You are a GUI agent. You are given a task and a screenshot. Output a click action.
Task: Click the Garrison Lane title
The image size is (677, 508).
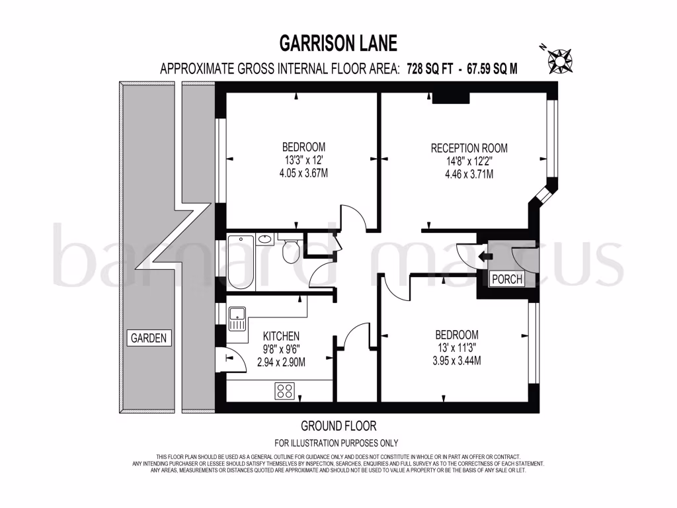coord(338,44)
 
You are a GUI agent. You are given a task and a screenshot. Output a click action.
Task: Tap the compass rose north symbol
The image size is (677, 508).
coord(561,60)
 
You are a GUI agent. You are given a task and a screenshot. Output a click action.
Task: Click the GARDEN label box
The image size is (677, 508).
coord(149,338)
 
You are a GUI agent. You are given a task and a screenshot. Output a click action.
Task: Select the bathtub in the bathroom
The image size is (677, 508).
coord(241,262)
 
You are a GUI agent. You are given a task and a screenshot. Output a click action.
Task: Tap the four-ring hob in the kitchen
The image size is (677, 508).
coord(285,390)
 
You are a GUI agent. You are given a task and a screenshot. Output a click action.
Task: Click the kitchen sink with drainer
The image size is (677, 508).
coord(237,319)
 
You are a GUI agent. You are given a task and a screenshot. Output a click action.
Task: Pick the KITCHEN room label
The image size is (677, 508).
coord(281,336)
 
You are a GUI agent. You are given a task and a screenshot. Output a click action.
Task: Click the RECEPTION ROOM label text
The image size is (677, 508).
coord(469,148)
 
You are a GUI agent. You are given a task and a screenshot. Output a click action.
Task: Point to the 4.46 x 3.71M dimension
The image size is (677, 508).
coord(469,175)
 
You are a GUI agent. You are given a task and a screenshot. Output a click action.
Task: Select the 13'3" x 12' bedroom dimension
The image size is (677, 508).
coord(303,159)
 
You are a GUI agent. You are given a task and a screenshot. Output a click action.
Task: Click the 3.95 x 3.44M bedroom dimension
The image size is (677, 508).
coord(456,360)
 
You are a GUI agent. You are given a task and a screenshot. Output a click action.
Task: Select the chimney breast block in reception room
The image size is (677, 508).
coord(450,99)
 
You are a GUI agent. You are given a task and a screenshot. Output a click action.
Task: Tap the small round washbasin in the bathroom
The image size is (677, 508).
coord(267,239)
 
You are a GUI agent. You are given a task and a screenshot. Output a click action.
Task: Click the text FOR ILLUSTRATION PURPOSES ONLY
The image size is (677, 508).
coord(337,443)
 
